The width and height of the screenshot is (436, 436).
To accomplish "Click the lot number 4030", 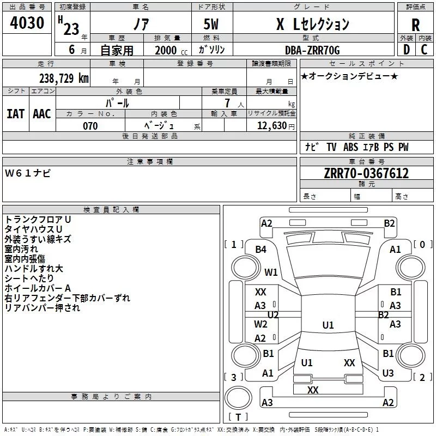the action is pos(27,23).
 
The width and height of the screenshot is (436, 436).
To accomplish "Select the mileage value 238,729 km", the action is pos(64,78).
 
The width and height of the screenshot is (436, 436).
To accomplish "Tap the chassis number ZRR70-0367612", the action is pos(366,173).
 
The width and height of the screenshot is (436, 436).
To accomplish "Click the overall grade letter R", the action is pos(415,25).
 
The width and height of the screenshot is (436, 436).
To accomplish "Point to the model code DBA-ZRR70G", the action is pos(312,50).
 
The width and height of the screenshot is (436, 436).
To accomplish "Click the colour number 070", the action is pos(90,126).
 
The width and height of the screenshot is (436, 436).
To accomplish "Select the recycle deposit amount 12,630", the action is pos(272,126).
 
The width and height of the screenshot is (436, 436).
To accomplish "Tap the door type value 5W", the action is pos(211,24).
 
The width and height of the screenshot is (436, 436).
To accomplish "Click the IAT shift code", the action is pos(16,114).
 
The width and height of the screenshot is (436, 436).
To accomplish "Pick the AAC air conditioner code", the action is pos(42,114).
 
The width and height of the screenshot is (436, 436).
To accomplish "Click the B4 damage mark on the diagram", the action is pos(261,250).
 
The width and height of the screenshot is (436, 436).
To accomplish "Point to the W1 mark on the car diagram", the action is pos(271,272).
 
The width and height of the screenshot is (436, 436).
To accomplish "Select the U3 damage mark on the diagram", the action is pos(388,373).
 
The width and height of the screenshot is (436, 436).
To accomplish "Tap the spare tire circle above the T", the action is pos(238,397).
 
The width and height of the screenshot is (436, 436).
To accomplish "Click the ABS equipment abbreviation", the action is pos(350,147).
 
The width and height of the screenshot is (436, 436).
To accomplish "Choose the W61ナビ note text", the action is pos(28,173).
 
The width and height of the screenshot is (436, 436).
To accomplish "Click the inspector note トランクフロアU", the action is pos(38,220).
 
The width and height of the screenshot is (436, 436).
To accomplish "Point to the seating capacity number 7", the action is pos(227,103).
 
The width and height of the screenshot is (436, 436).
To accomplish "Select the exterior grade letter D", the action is pos(407,50).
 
